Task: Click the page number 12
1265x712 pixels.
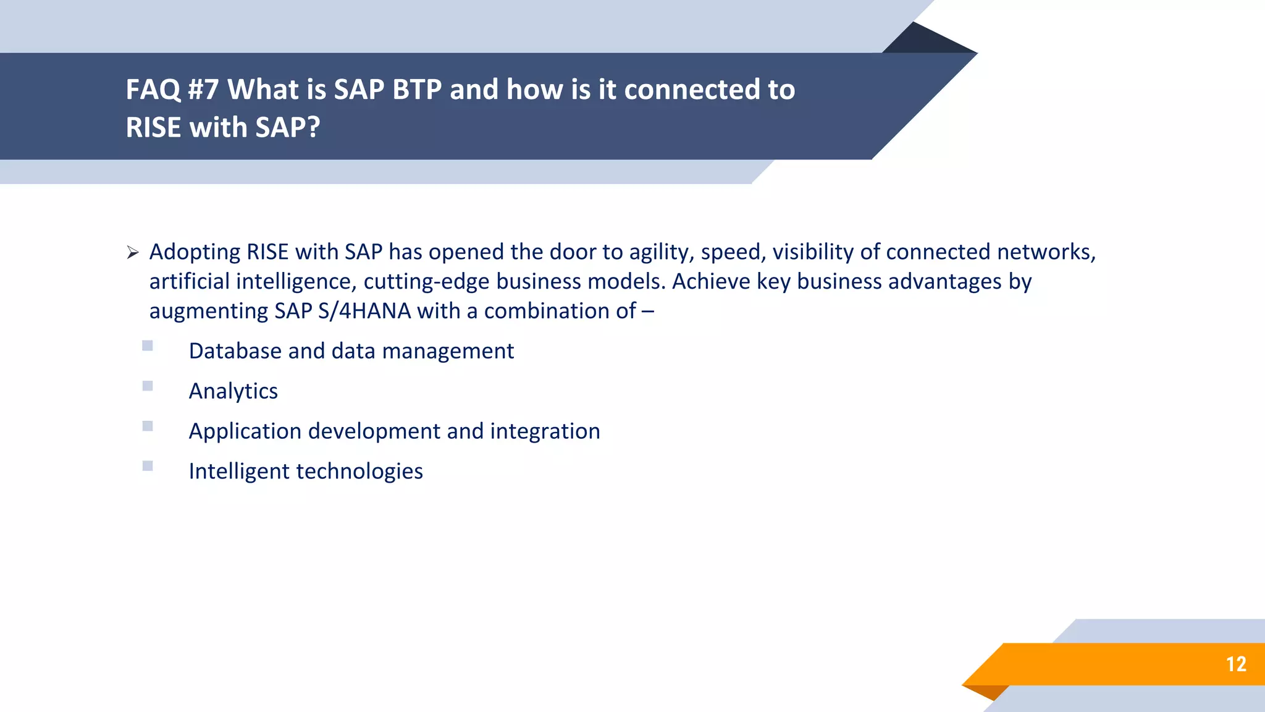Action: [x=1236, y=664]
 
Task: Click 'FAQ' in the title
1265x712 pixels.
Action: [x=153, y=90]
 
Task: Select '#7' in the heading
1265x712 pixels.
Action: [x=203, y=90]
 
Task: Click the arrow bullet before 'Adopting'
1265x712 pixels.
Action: [x=132, y=253]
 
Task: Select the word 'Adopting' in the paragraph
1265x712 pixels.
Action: [x=195, y=253]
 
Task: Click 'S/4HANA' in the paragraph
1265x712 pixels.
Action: [x=364, y=311]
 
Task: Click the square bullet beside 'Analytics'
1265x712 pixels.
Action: [x=148, y=386]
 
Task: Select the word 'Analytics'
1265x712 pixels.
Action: [x=233, y=391]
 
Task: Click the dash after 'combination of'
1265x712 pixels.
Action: [x=647, y=311]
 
